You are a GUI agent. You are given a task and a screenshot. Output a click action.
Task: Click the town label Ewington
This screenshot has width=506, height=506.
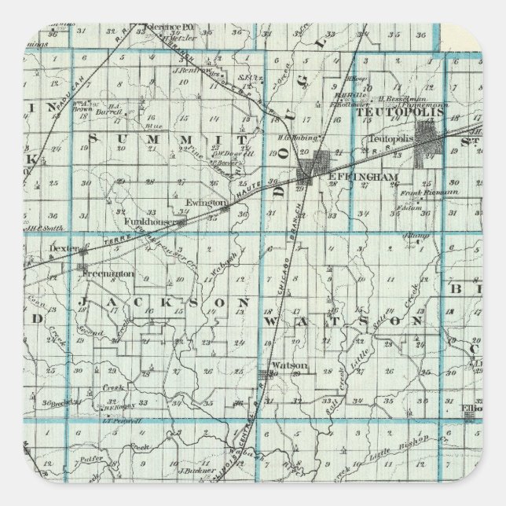[x=200, y=202]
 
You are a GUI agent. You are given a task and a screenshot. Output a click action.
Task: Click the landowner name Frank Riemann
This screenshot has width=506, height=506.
[x=422, y=192]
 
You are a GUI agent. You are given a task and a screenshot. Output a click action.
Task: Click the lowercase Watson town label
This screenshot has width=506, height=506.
[x=284, y=365]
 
